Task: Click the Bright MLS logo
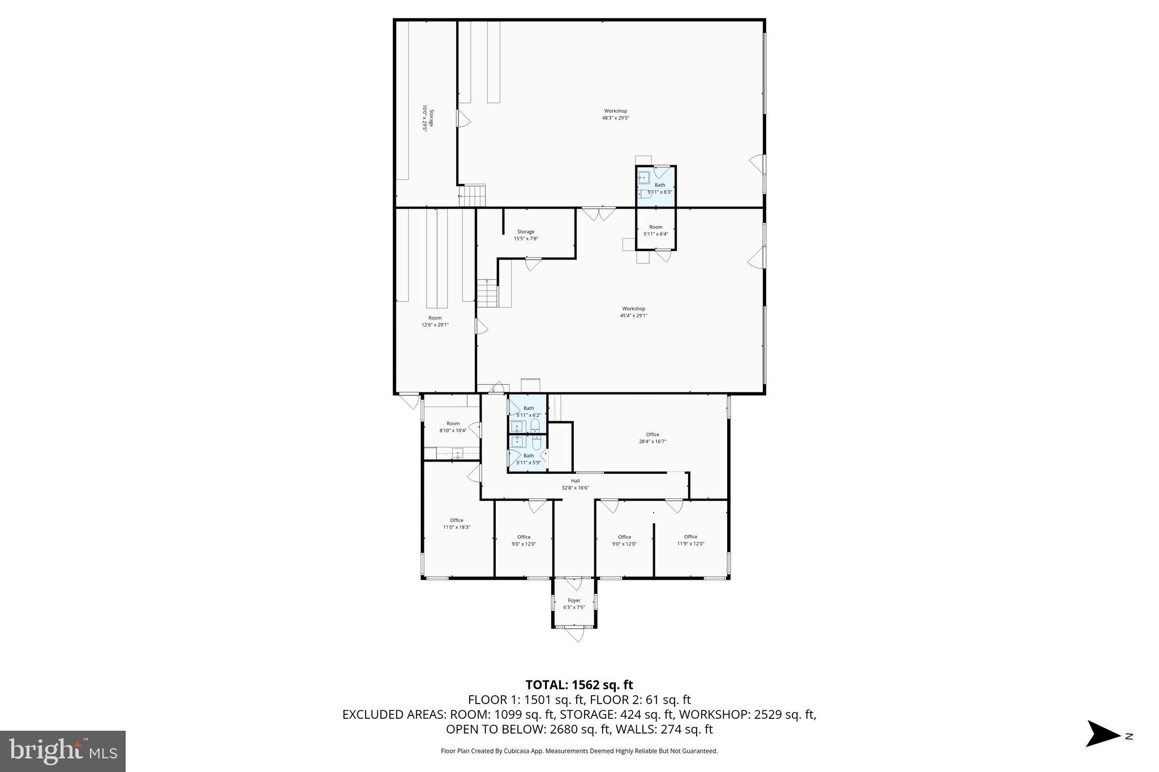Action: pos(63,752)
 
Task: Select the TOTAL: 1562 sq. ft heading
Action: pos(579,685)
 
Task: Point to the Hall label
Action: pos(575,481)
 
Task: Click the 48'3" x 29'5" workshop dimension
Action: pos(615,118)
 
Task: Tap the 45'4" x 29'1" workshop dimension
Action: pos(633,316)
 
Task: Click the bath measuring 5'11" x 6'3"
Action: pos(659,188)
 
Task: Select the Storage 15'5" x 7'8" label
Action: pos(526,235)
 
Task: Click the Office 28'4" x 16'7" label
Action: pos(653,438)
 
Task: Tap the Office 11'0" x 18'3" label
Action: pos(457,524)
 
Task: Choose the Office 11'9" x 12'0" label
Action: pos(690,540)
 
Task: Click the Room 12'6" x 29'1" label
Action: pos(435,321)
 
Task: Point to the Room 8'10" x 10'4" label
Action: pos(453,427)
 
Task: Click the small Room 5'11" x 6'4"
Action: pos(655,230)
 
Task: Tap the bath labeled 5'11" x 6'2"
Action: pos(529,411)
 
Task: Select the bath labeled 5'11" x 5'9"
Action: pos(529,459)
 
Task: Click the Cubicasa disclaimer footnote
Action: pos(579,751)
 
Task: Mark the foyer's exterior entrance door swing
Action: pos(575,635)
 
